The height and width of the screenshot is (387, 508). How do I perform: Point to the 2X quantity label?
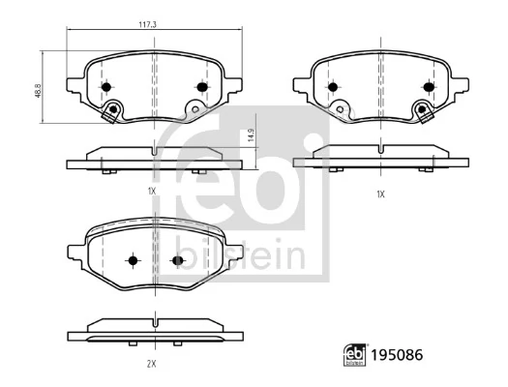[x=153, y=364]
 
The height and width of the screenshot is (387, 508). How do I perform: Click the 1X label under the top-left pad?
[x=152, y=192]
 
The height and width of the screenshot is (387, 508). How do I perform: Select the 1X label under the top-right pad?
[x=380, y=193]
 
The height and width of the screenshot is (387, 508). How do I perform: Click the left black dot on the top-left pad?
[x=106, y=87]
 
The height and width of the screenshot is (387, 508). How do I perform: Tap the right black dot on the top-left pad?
[x=201, y=87]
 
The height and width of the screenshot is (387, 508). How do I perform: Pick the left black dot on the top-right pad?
[x=334, y=87]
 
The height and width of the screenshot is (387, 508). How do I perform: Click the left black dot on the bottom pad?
[x=133, y=260]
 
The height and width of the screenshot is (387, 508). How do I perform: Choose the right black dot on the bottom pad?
[x=176, y=260]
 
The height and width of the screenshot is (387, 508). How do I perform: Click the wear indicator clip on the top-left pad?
[x=114, y=110]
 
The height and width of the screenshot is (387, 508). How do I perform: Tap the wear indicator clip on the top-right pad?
[x=422, y=110]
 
